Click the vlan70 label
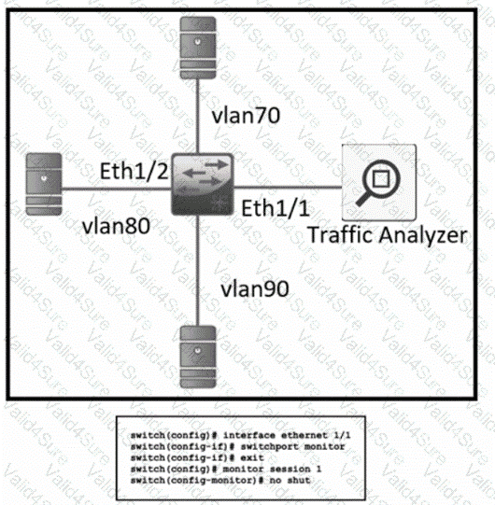tap(246, 116)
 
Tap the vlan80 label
tap(117, 226)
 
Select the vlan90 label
tap(255, 288)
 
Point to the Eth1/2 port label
tap(134, 171)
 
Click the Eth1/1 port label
tap(276, 208)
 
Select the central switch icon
tap(203, 184)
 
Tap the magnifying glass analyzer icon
tap(379, 183)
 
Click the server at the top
tap(198, 48)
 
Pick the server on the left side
tap(44, 184)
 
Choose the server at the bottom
tap(198, 357)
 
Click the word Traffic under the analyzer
tap(341, 234)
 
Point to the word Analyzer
tap(423, 235)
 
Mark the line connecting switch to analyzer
tap(288, 187)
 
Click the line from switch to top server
tap(198, 117)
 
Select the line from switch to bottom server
tap(198, 271)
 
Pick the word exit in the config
tap(252, 457)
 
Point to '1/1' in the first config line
tap(342, 436)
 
